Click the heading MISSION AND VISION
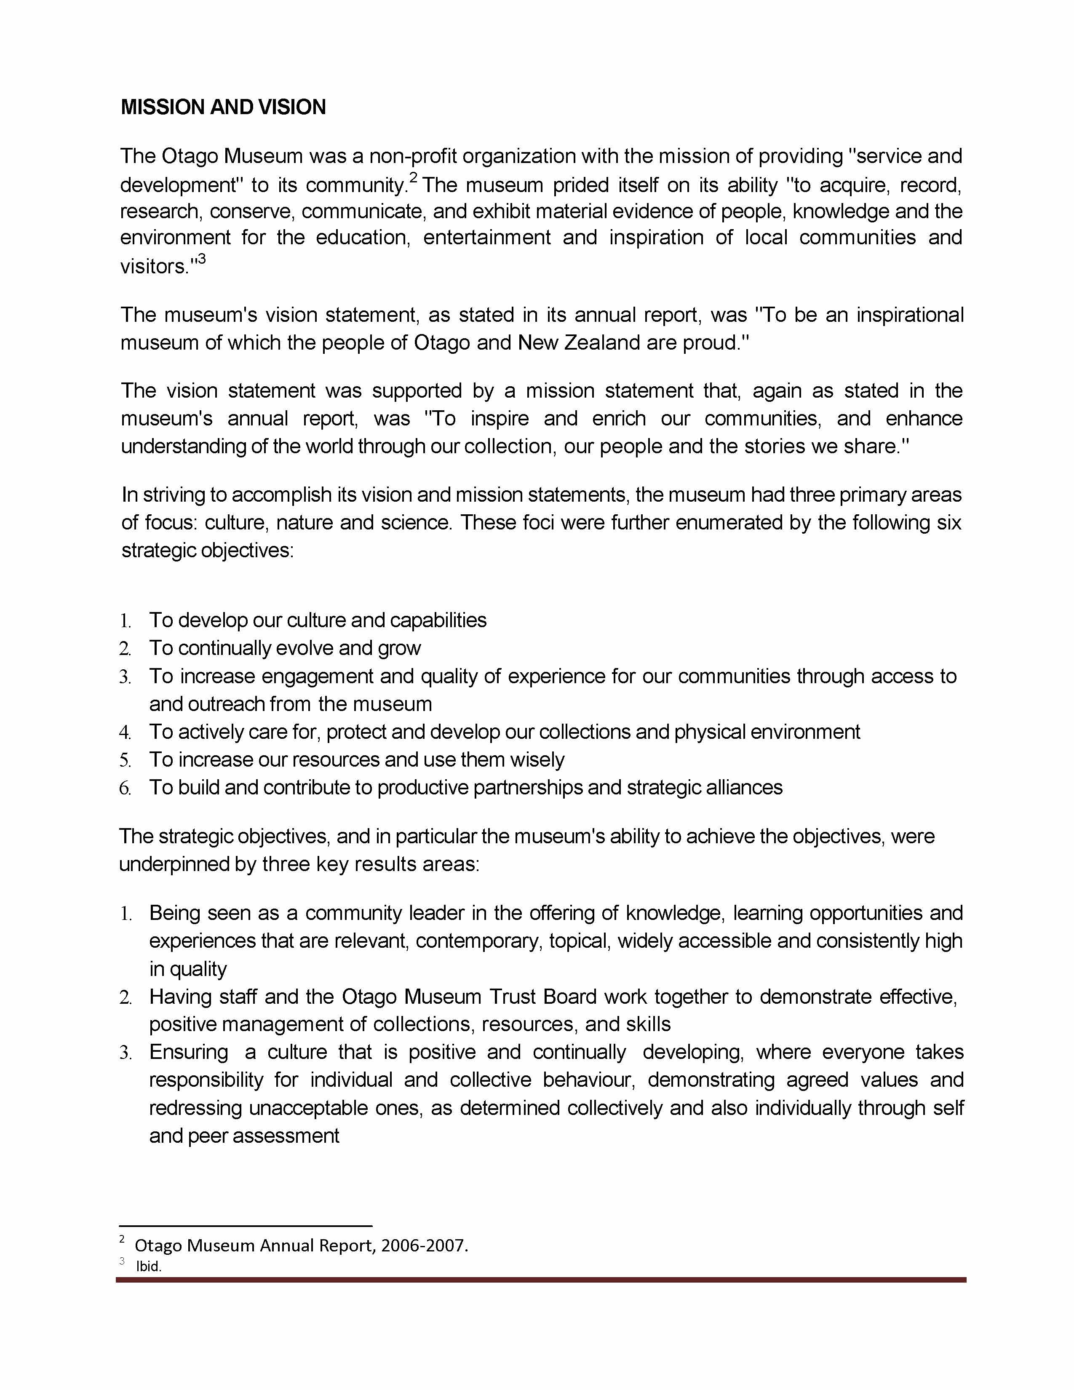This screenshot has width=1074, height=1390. (223, 107)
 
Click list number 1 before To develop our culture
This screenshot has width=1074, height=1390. (126, 620)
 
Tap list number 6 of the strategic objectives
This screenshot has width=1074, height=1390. (126, 789)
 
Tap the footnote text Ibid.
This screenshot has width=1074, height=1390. (149, 1267)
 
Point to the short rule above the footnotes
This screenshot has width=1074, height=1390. (246, 1226)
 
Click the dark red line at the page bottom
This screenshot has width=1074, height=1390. (541, 1280)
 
